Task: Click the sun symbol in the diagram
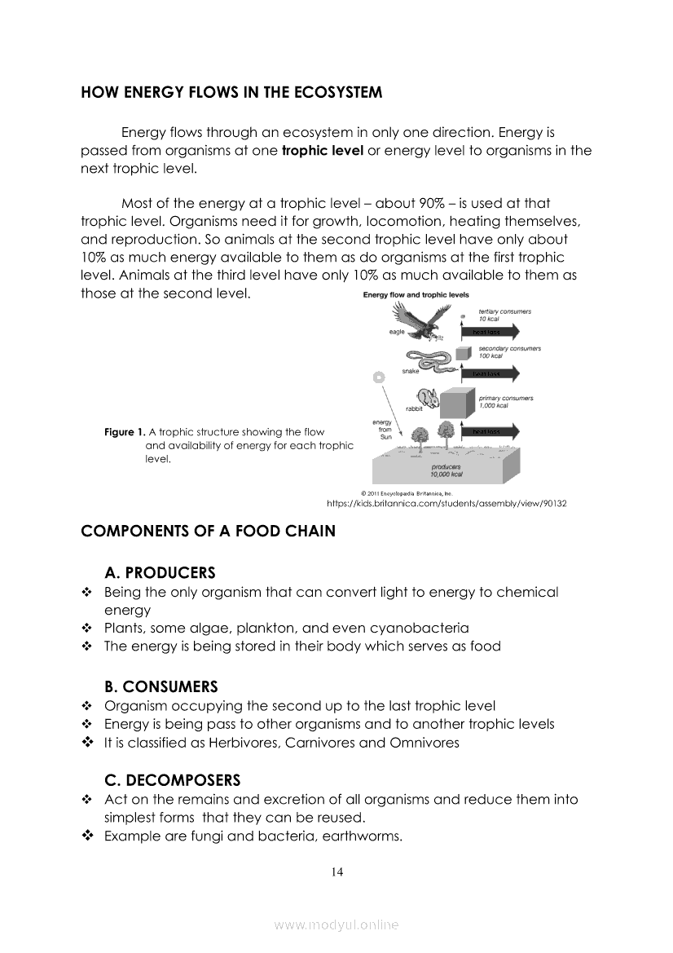pos(378,377)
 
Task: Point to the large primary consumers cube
pos(457,402)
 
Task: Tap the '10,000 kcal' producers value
pos(446,474)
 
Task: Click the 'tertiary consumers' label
pos(504,311)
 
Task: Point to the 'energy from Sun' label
pos(382,430)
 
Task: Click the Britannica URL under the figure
pos(446,504)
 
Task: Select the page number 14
pos(337,872)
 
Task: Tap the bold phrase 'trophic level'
pos(323,151)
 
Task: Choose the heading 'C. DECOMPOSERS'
pos(172,780)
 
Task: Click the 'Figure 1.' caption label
pos(125,432)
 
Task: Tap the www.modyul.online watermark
pos(336,924)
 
